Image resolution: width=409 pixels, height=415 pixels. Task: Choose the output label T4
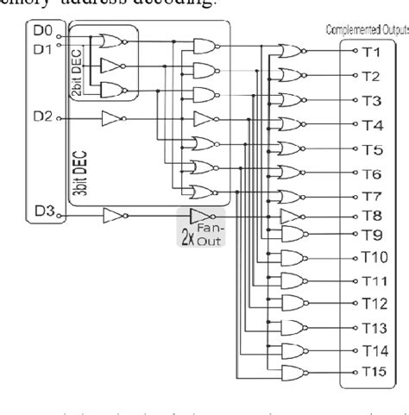(372, 125)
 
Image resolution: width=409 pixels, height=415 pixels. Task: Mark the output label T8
(372, 216)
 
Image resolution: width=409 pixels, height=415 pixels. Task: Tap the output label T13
(374, 328)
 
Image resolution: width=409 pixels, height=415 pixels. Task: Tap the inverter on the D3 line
(114, 216)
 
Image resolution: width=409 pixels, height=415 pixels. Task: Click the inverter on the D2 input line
(114, 118)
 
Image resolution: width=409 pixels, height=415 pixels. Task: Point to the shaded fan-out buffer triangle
(197, 216)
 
